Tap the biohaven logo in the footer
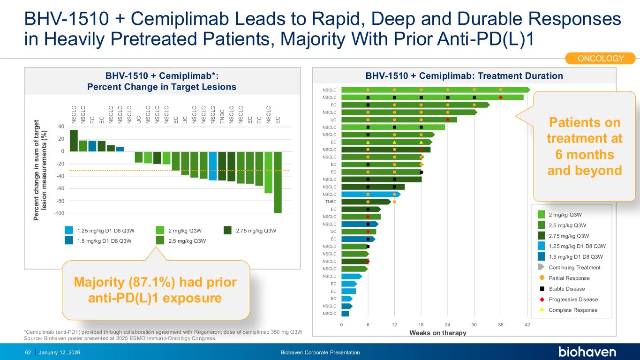coord(587,352)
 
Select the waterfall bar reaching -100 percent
coord(278,182)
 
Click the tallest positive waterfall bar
coord(74,141)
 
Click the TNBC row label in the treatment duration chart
coord(331,202)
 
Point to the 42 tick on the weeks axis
coord(527,324)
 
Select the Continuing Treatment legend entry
coord(575,268)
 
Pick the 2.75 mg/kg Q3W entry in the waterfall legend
coord(256,231)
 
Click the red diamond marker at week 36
coord(501,97)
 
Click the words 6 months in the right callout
coord(584,154)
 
